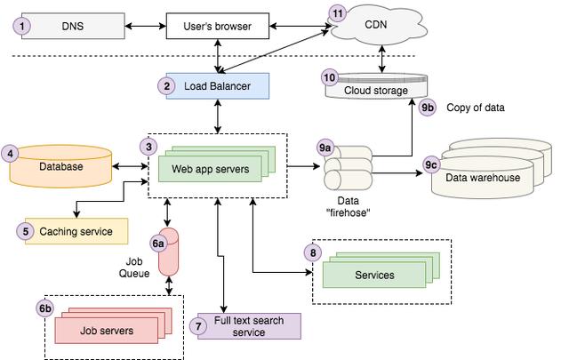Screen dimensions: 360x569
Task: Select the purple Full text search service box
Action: point(249,326)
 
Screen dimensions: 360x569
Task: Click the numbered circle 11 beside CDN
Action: point(336,13)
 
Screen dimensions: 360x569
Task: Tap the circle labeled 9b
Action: point(429,108)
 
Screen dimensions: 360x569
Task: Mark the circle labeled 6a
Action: point(158,243)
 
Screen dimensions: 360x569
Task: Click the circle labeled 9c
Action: point(431,164)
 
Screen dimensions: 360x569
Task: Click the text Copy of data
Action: point(475,108)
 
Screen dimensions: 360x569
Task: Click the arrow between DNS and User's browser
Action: point(144,27)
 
